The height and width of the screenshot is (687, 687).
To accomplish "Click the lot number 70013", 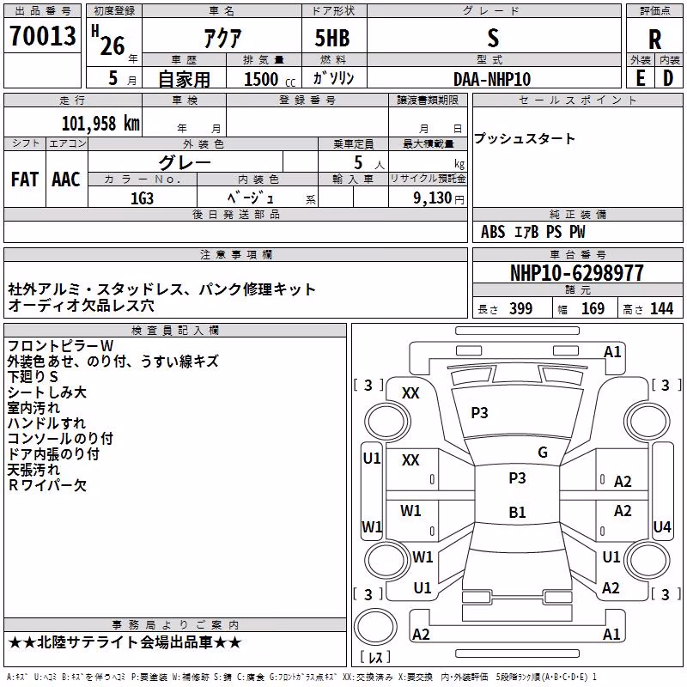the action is click(x=42, y=36).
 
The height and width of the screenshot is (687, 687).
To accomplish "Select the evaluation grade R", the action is click(x=654, y=40).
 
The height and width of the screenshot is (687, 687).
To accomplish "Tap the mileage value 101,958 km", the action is click(x=100, y=123).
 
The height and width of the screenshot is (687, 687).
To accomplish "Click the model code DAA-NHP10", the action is click(x=492, y=79).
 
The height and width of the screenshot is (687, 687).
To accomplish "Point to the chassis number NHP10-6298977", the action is click(x=577, y=273).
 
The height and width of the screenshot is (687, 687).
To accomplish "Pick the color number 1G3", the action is click(x=142, y=198).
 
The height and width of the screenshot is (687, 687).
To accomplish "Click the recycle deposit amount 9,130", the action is click(x=433, y=198).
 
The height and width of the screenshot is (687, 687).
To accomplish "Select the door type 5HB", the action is click(x=332, y=38).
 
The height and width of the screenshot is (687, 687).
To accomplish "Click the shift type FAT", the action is click(x=25, y=179).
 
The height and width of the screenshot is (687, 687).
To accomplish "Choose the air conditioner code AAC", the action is click(x=66, y=179).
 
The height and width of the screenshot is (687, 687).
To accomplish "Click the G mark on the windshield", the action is click(x=543, y=453).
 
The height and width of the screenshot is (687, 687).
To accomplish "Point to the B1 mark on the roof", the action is click(x=517, y=512).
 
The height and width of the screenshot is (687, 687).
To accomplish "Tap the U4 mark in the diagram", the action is click(x=661, y=526).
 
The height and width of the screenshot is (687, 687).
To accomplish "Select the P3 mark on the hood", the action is click(x=479, y=413).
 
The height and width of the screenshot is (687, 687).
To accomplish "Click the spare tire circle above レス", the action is click(x=375, y=627).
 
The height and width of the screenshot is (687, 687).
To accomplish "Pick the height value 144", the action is click(x=661, y=308).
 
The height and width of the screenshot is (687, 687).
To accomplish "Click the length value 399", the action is click(x=521, y=308).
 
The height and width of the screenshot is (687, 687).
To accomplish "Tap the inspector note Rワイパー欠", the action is click(x=47, y=485).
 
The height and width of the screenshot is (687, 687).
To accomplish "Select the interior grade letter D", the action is click(x=668, y=79).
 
